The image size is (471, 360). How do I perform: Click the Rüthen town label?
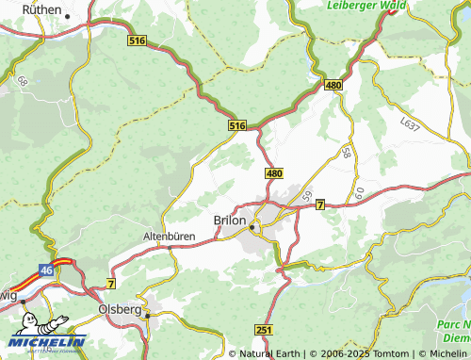click(41, 10)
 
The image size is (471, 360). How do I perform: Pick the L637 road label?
click(410, 123)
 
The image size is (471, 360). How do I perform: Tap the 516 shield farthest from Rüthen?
click(237, 124)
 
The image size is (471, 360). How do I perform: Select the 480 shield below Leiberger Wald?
click(333, 85)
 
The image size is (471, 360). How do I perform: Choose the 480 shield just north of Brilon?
click(274, 173)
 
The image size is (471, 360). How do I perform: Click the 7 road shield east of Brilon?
click(320, 204)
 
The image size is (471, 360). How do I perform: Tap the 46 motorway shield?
click(46, 269)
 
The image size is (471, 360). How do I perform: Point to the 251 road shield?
click(263, 329)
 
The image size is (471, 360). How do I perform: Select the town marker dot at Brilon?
click(252, 227)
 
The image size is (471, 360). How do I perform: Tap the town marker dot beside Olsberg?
click(148, 317)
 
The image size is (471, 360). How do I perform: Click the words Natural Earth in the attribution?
click(270, 353)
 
